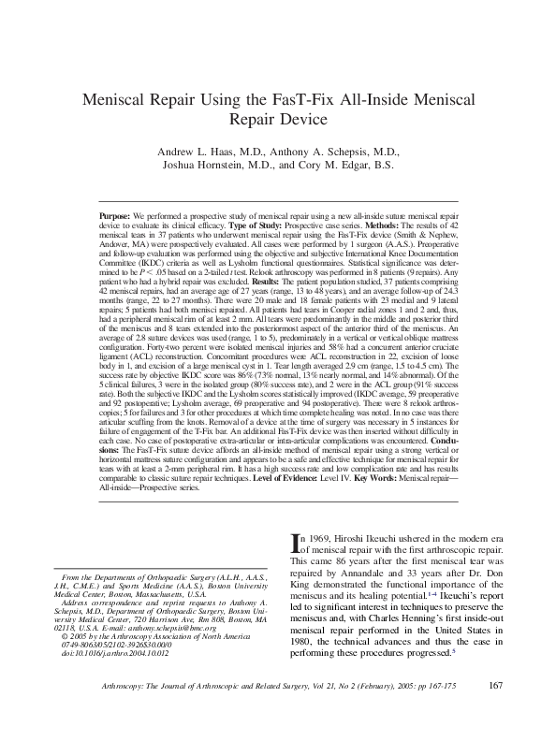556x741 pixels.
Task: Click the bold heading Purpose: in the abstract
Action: point(115,215)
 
